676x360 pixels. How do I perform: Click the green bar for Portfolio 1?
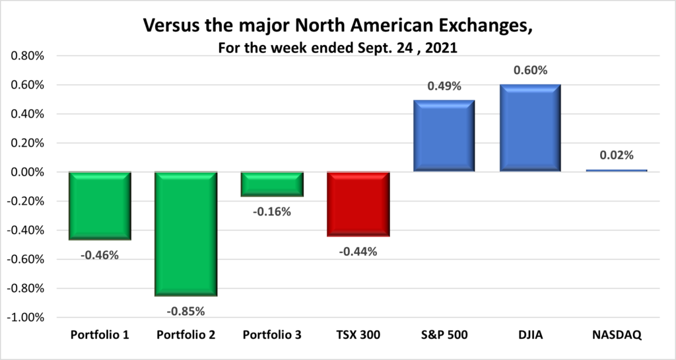click(100, 205)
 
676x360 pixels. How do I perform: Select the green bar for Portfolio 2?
click(186, 234)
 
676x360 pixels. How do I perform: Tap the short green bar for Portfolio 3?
click(272, 184)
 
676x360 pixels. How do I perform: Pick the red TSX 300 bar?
click(358, 204)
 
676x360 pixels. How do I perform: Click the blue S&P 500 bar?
click(444, 136)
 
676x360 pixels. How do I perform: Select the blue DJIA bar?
click(531, 128)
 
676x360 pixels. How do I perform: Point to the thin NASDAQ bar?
click(617, 170)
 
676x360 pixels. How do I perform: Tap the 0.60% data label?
click(531, 71)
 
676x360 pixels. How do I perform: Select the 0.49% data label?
click(444, 87)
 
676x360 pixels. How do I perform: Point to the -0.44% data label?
click(358, 251)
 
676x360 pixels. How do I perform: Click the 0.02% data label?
click(617, 156)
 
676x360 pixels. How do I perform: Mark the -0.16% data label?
click(272, 212)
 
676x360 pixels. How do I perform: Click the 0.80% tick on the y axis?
click(27, 56)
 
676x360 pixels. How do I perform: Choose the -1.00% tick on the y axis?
click(25, 318)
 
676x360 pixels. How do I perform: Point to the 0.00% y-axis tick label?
click(27, 172)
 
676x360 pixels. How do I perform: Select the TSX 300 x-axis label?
click(358, 336)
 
